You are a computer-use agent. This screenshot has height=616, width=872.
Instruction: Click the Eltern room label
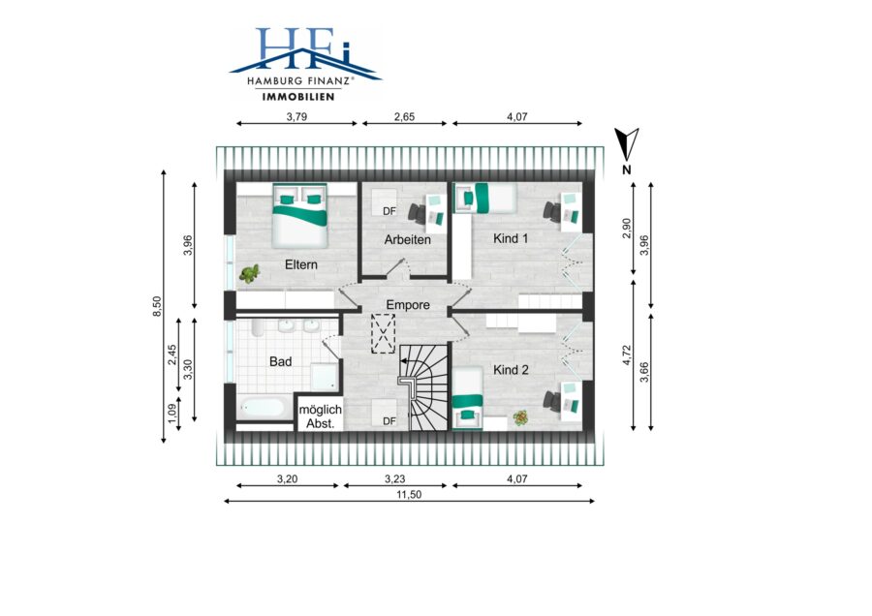pyautogui.click(x=301, y=264)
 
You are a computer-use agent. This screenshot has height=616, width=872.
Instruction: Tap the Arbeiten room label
pyautogui.click(x=408, y=239)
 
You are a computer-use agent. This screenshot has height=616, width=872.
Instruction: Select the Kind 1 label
pyautogui.click(x=511, y=238)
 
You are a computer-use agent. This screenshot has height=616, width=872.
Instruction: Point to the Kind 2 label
pyautogui.click(x=511, y=370)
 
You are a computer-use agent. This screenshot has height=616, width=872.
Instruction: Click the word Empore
pyautogui.click(x=408, y=305)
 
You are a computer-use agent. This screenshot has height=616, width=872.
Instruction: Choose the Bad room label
pyautogui.click(x=280, y=361)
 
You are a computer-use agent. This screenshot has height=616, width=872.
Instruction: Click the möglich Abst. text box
pyautogui.click(x=321, y=416)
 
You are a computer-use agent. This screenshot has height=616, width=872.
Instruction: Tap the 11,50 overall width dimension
pyautogui.click(x=409, y=494)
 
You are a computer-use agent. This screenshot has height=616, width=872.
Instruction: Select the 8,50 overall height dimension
pyautogui.click(x=157, y=306)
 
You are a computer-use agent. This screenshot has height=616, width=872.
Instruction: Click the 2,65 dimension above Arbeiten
pyautogui.click(x=404, y=117)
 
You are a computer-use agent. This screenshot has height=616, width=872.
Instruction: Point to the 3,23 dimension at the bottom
pyautogui.click(x=395, y=478)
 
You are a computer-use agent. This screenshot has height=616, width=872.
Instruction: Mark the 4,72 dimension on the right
pyautogui.click(x=627, y=354)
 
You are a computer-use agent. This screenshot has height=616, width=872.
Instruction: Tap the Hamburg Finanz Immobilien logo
pyautogui.click(x=305, y=64)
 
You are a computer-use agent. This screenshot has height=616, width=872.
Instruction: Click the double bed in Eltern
pyautogui.click(x=299, y=216)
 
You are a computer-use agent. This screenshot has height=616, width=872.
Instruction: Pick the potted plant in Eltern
pyautogui.click(x=250, y=273)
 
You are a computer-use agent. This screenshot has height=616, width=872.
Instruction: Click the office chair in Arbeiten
pyautogui.click(x=417, y=212)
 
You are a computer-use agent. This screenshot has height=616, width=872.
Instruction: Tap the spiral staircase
pyautogui.click(x=423, y=386)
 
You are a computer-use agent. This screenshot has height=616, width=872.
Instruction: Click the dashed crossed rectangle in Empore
pyautogui.click(x=383, y=333)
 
